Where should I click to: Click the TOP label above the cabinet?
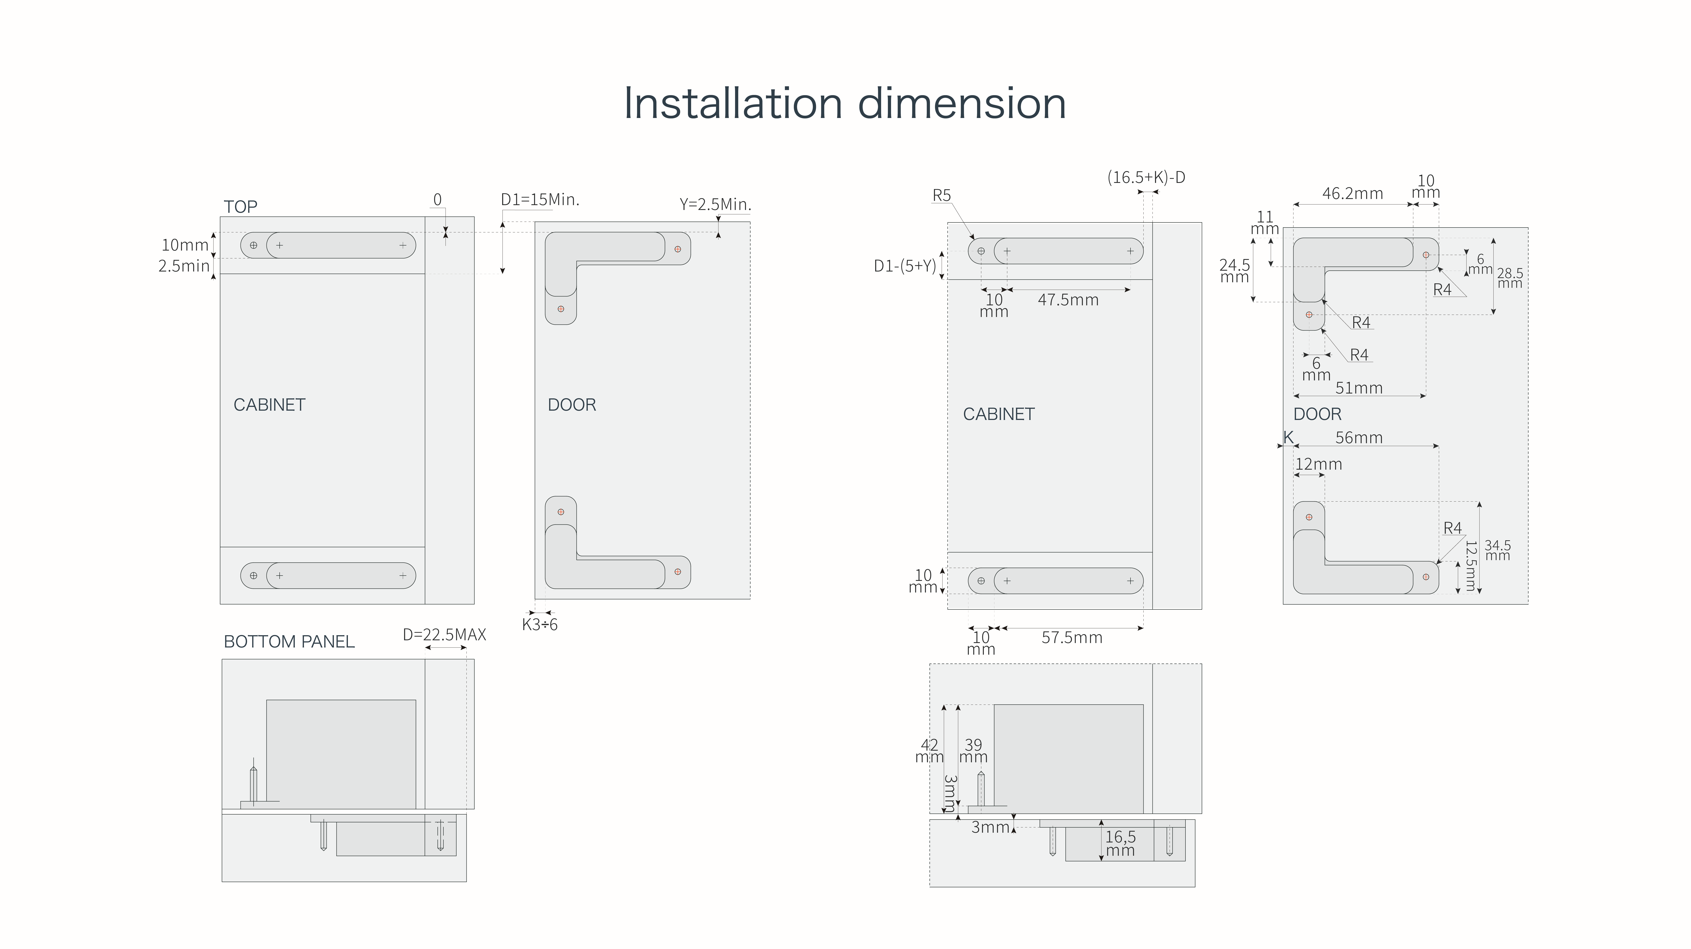[x=240, y=207]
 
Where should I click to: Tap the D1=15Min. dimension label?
[x=540, y=200]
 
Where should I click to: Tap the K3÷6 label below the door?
[x=540, y=625]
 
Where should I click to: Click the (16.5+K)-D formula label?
[x=1146, y=177]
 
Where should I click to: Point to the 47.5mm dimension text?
[x=1068, y=300]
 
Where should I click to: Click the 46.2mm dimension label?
[x=1352, y=194]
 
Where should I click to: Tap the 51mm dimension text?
[x=1359, y=388]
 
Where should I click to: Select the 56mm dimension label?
[x=1359, y=438]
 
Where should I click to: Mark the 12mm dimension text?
[x=1318, y=464]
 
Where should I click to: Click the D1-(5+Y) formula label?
[x=905, y=266]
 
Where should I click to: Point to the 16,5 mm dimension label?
[x=1120, y=843]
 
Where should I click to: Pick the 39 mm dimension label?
[x=973, y=751]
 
